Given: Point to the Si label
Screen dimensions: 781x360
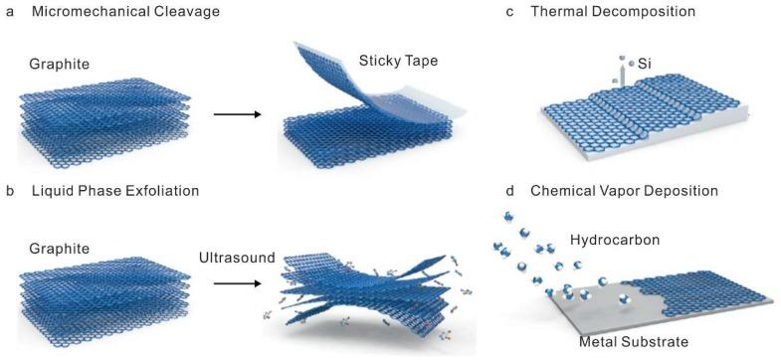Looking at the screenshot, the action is click(644, 63).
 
